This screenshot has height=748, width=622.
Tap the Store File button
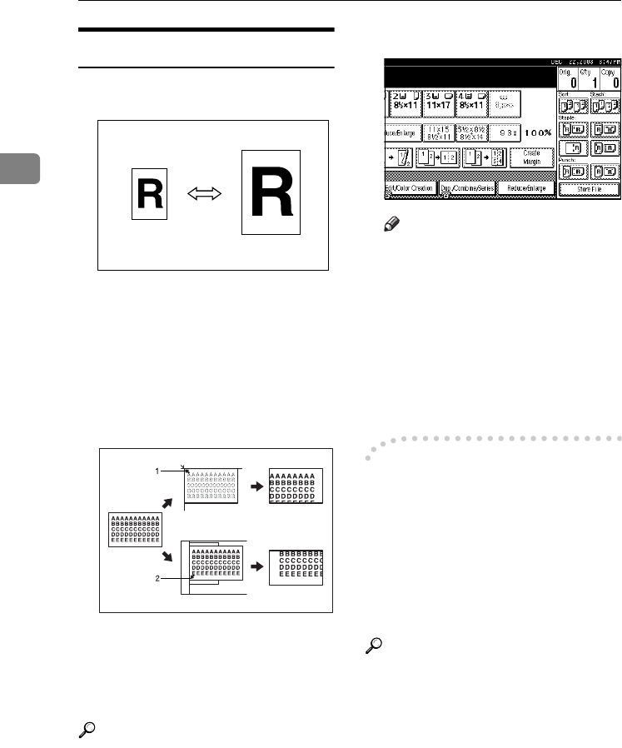588,212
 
